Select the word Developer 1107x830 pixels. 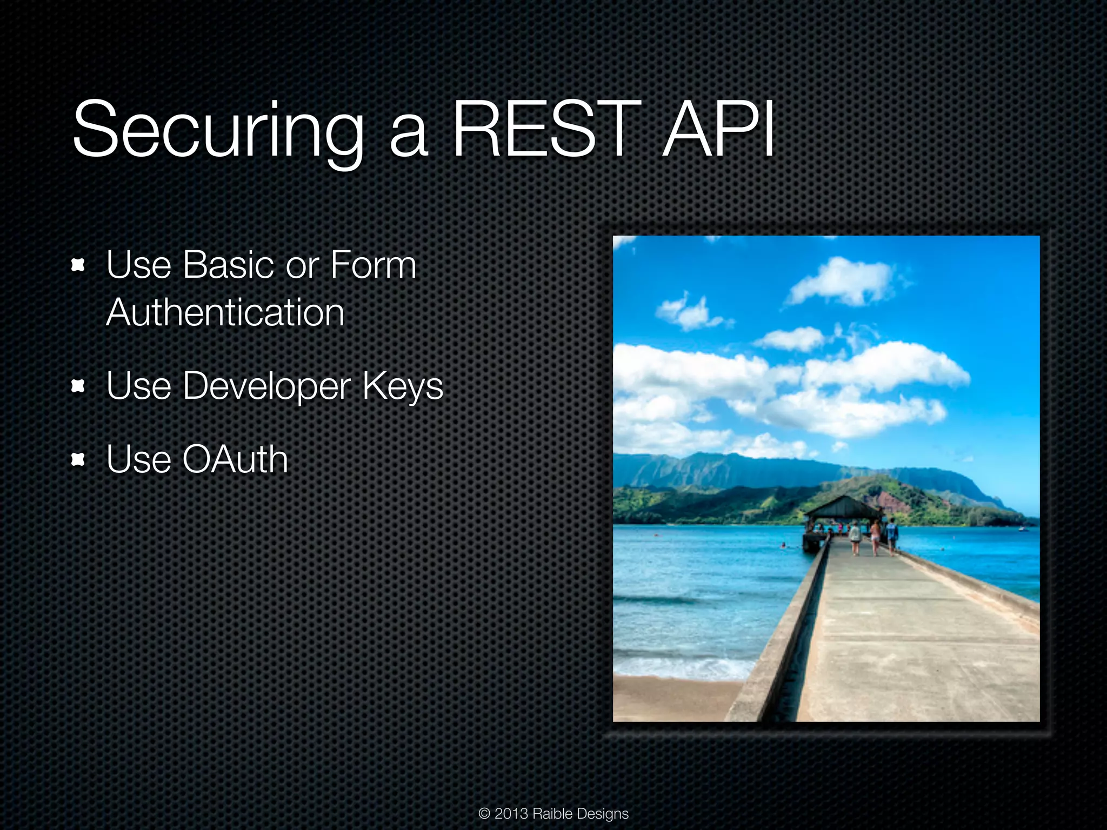click(x=267, y=386)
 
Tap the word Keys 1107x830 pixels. click(x=403, y=386)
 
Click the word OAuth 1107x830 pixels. click(x=235, y=459)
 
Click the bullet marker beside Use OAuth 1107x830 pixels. click(x=78, y=459)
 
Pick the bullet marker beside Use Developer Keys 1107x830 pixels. click(x=78, y=386)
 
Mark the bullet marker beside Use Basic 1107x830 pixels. click(x=78, y=265)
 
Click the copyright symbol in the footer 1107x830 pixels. click(x=484, y=814)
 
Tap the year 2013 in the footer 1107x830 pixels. click(x=511, y=814)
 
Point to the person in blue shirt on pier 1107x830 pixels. click(x=892, y=532)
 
